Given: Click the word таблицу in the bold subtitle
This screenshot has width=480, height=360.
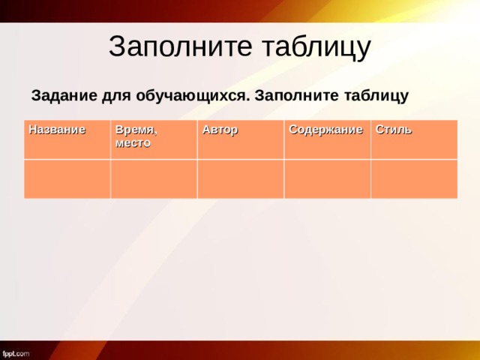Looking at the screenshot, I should pyautogui.click(x=374, y=96).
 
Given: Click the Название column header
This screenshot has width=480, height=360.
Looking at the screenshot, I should pyautogui.click(x=57, y=129).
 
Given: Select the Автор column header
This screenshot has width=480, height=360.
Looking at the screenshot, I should pyautogui.click(x=220, y=130).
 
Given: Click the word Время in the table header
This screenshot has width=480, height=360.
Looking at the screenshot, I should pyautogui.click(x=136, y=131).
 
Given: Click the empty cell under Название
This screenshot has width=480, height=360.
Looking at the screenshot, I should pyautogui.click(x=67, y=178).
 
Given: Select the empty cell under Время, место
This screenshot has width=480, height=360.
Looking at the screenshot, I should pyautogui.click(x=154, y=178).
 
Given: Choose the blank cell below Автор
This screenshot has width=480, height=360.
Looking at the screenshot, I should pyautogui.click(x=240, y=178).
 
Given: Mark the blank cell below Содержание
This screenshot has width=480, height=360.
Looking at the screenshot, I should pyautogui.click(x=327, y=178).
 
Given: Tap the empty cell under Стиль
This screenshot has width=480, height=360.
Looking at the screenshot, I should pyautogui.click(x=414, y=178).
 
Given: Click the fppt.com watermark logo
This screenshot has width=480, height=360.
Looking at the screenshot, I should pyautogui.click(x=16, y=352).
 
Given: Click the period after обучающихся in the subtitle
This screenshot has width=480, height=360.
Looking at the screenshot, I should pyautogui.click(x=250, y=100).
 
